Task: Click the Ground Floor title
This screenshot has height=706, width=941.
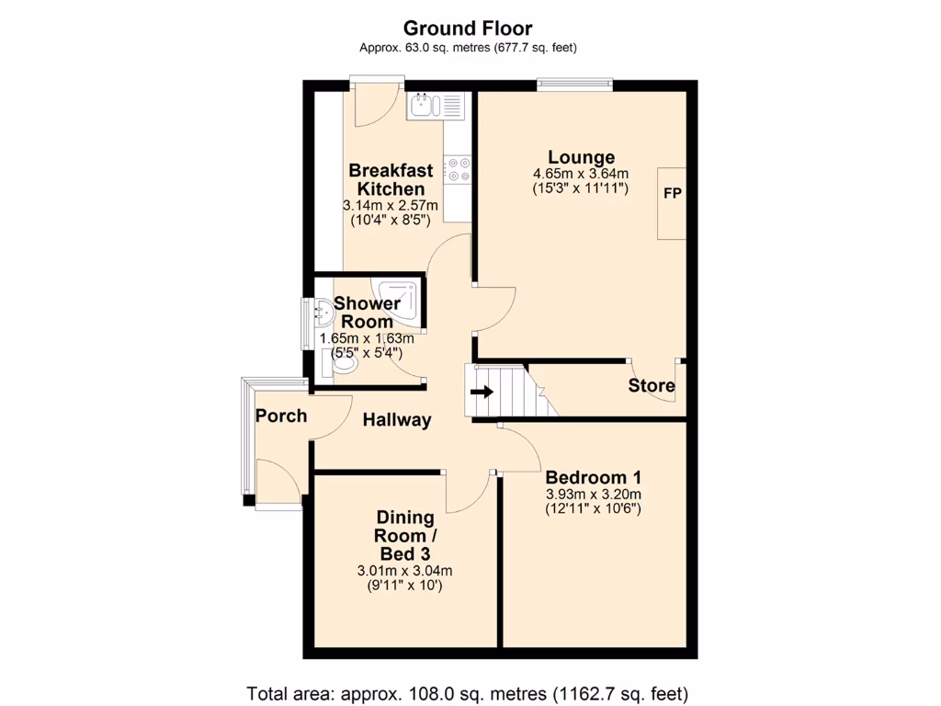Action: pyautogui.click(x=468, y=29)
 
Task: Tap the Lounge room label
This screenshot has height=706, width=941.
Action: pyautogui.click(x=581, y=157)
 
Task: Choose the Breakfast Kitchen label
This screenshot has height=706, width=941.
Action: pyautogui.click(x=391, y=179)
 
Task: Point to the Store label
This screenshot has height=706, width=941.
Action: pyautogui.click(x=652, y=385)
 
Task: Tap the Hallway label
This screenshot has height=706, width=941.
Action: pyautogui.click(x=396, y=420)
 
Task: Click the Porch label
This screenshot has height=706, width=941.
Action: pyautogui.click(x=281, y=416)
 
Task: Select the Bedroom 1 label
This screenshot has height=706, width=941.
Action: pyautogui.click(x=593, y=478)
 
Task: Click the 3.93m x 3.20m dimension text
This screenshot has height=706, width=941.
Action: pyautogui.click(x=593, y=494)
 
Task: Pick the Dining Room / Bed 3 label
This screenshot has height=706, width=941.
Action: pyautogui.click(x=404, y=536)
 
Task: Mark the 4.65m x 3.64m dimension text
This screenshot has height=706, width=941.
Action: pyautogui.click(x=581, y=174)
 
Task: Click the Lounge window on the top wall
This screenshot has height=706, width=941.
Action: pyautogui.click(x=575, y=85)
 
